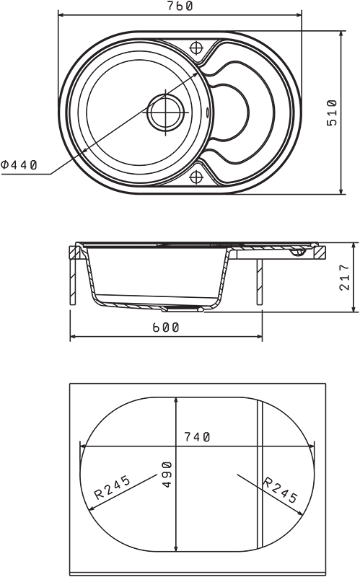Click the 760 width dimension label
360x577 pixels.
tap(180, 6)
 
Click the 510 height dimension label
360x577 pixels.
tap(332, 113)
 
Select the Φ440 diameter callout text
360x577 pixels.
tap(19, 164)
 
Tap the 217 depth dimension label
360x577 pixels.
tap(344, 277)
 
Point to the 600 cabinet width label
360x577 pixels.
tap(166, 327)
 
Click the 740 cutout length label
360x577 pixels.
tap(197, 437)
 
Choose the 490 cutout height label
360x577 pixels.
tap(167, 475)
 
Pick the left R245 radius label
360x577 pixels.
tap(113, 488)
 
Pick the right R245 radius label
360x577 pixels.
tap(280, 490)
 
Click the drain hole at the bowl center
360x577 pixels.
tap(166, 113)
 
